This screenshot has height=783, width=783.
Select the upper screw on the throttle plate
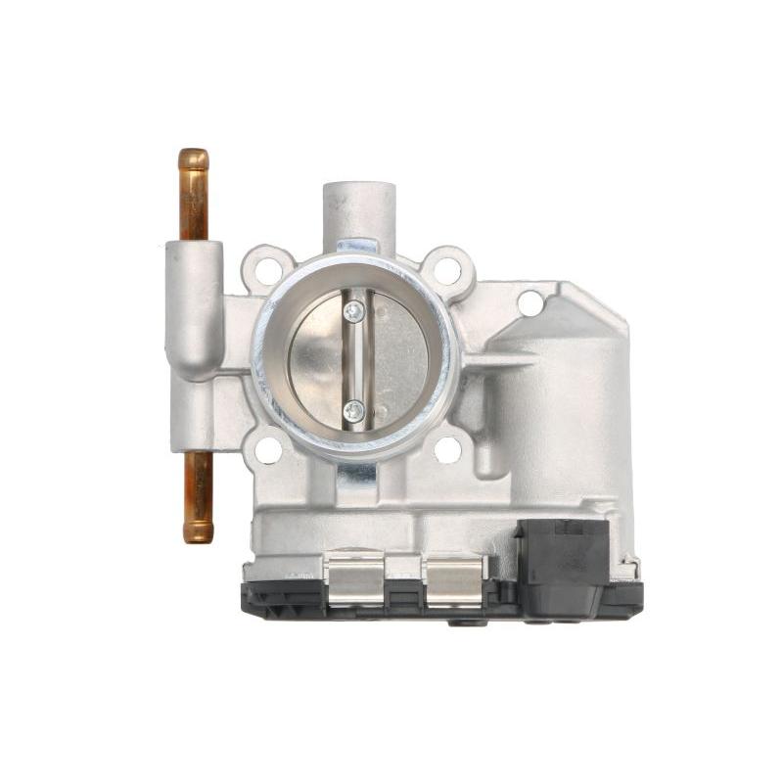tap(354, 311)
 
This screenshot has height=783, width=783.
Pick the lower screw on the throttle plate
tap(354, 410)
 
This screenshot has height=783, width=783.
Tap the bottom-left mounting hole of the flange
tap(267, 450)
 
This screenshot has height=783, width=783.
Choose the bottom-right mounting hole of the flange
tap(447, 449)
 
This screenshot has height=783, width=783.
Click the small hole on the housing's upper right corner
tap(530, 303)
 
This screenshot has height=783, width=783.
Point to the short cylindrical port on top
tap(359, 210)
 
